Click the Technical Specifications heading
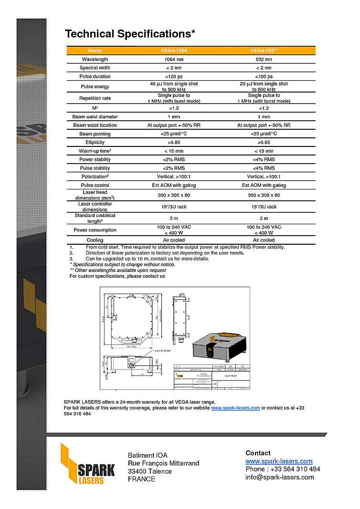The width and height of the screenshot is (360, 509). (x=130, y=34)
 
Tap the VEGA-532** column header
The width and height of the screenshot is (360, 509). (x=264, y=51)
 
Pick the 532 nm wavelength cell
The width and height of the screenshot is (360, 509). (x=264, y=59)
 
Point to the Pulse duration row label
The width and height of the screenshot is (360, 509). (x=95, y=76)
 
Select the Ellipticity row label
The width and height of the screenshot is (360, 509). (x=95, y=142)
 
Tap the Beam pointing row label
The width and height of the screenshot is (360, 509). (x=95, y=134)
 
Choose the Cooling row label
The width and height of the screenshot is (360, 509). (x=95, y=240)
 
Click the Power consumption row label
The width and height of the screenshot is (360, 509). (x=95, y=230)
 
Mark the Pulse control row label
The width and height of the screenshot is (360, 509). (x=95, y=185)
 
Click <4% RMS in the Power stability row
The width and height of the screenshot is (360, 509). (x=264, y=159)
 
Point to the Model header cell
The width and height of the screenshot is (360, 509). (x=95, y=51)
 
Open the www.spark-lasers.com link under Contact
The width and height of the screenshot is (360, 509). (x=279, y=461)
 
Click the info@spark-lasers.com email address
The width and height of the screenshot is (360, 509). (x=280, y=477)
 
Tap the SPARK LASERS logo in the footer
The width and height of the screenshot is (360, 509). (x=88, y=464)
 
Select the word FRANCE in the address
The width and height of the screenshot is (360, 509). (x=141, y=479)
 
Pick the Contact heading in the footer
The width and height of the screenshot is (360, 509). (x=258, y=453)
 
